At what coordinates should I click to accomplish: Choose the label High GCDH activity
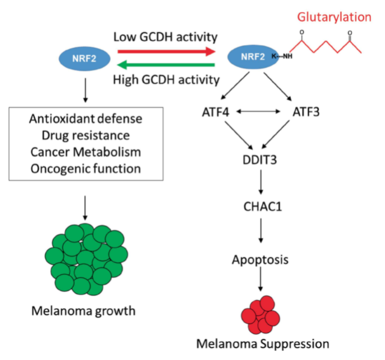[x=166, y=80]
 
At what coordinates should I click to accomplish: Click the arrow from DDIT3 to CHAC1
[x=262, y=183]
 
